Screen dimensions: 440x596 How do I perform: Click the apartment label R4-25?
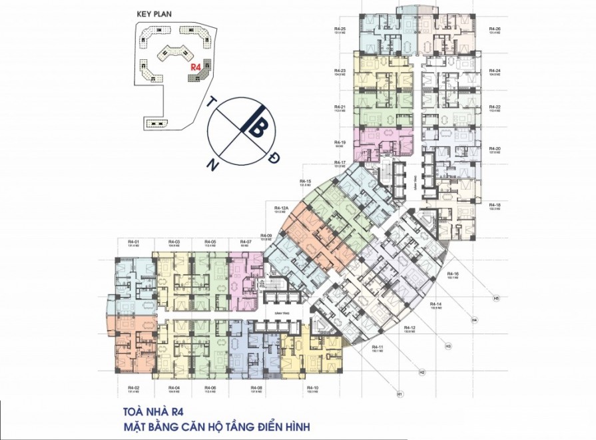[x=340, y=29]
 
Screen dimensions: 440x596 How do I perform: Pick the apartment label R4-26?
[x=494, y=29]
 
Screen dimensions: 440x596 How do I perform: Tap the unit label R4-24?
[x=494, y=71]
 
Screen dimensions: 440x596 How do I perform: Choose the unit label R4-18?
[x=494, y=204]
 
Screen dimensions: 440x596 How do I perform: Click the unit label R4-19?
[x=340, y=142]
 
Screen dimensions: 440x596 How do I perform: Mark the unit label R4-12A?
[x=280, y=208]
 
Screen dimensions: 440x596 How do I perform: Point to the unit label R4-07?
[x=244, y=241]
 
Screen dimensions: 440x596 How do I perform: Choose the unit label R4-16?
[x=453, y=274]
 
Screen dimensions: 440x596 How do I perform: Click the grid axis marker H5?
[x=496, y=298]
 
